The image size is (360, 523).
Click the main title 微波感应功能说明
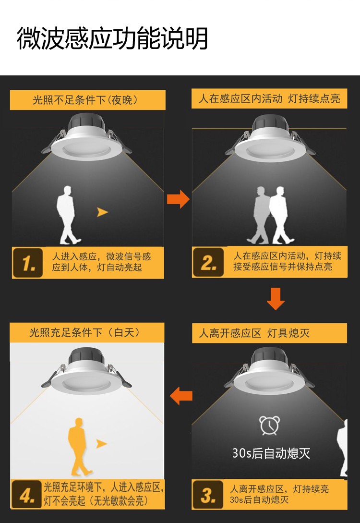[112, 38]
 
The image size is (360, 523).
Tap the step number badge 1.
[28, 263]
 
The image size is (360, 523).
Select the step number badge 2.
[208, 262]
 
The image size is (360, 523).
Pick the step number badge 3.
[208, 495]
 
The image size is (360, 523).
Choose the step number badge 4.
[27, 495]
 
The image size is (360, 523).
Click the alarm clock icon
[270, 426]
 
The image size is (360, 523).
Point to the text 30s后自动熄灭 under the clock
[271, 453]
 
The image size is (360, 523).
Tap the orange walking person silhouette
[79, 447]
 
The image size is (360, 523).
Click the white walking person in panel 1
[68, 215]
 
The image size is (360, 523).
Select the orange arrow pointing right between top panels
[179, 199]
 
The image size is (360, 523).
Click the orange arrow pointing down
[276, 299]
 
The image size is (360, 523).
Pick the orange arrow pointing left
[181, 396]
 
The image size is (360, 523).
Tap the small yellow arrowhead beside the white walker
[102, 212]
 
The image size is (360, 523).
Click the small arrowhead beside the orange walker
[101, 444]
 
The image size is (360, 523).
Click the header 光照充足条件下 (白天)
[84, 332]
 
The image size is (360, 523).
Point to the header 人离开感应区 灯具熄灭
[254, 333]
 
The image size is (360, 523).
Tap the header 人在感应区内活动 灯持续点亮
[269, 98]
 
